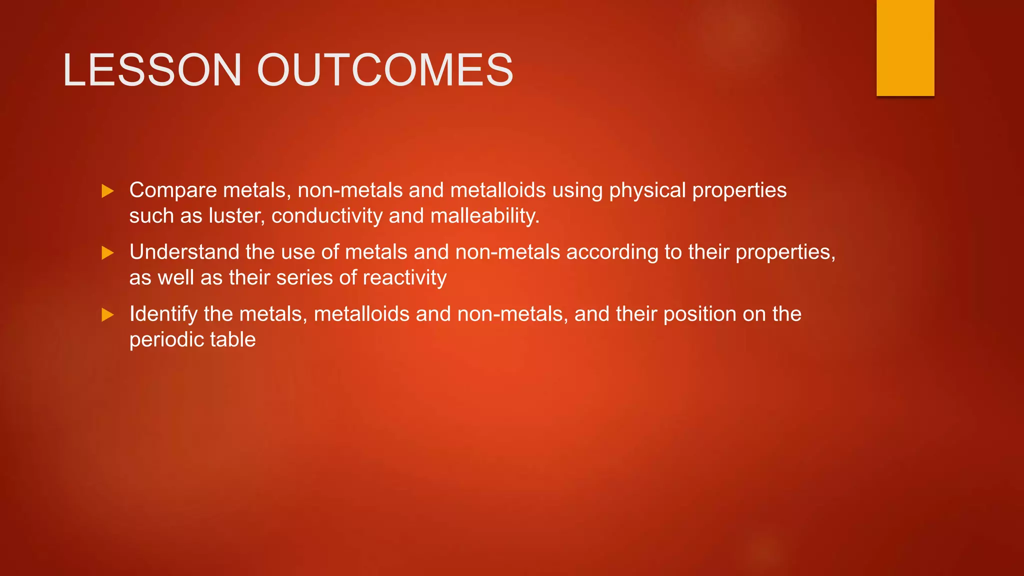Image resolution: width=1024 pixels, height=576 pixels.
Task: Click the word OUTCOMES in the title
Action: (385, 70)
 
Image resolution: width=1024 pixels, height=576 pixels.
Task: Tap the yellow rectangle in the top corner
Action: (905, 47)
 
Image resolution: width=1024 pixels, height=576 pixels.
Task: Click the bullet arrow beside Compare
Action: (107, 191)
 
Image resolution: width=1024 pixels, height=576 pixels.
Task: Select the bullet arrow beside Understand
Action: (107, 253)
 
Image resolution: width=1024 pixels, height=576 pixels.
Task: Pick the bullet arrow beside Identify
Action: (107, 315)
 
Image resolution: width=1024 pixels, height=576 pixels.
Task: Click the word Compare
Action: (173, 190)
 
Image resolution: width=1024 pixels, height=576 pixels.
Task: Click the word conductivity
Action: (327, 216)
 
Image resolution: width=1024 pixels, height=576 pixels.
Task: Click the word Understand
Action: (184, 252)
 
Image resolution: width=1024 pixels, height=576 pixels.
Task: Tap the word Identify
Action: (163, 314)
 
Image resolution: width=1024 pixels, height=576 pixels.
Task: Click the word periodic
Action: (166, 340)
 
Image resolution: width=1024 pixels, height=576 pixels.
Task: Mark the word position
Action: (699, 314)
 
